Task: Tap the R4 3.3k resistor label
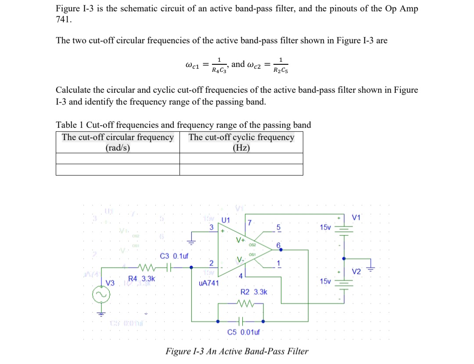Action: (141, 278)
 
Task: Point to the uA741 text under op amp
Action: (208, 283)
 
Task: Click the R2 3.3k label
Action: (254, 292)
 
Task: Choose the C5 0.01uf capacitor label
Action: (243, 332)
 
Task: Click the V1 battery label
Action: (356, 218)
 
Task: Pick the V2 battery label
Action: (356, 272)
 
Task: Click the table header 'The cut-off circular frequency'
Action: (118, 137)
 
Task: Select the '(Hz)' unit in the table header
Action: (241, 148)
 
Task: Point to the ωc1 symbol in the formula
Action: (193, 66)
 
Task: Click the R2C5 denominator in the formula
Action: (280, 70)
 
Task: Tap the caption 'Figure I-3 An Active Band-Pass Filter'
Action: (237, 351)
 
